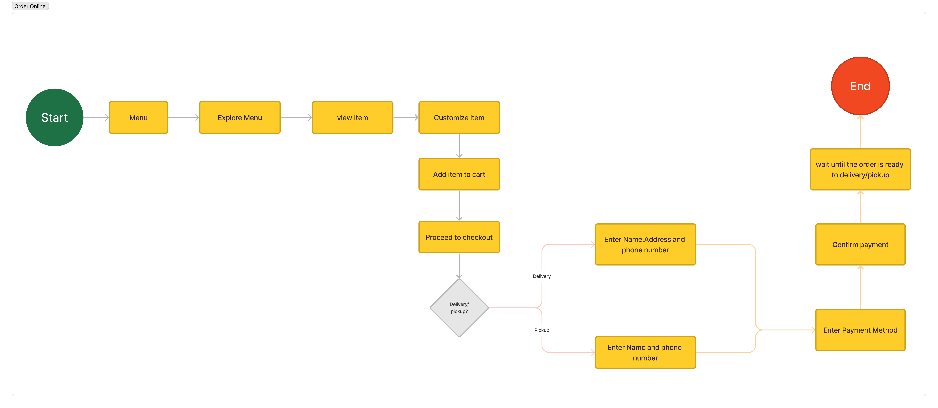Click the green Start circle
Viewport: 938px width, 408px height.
[x=55, y=118]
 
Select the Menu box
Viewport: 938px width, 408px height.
[x=138, y=118]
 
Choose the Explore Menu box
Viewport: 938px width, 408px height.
[x=240, y=118]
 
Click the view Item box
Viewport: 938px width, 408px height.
[x=352, y=118]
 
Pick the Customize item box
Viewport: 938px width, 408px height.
[x=459, y=118]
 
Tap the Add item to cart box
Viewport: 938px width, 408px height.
[x=459, y=174]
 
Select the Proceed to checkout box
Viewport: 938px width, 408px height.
[x=459, y=237]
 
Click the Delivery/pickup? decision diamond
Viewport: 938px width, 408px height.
[x=459, y=308]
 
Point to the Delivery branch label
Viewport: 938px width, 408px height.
[x=542, y=276]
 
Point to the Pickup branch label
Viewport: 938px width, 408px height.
[x=542, y=330]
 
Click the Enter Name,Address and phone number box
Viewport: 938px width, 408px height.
[x=645, y=245]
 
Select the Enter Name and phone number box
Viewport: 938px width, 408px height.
[x=645, y=352]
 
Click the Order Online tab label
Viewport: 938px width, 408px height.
[x=30, y=6]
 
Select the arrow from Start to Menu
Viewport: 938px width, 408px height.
[x=96, y=118]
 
